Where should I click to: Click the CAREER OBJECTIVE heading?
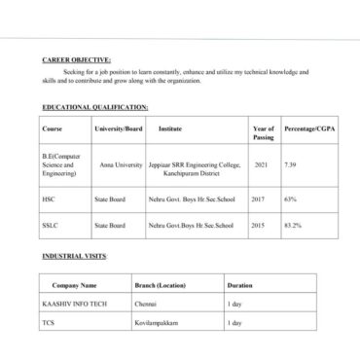click(x=77, y=59)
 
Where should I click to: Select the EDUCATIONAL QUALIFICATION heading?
click(x=95, y=107)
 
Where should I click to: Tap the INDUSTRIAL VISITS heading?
click(x=75, y=256)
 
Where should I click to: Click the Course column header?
click(x=52, y=128)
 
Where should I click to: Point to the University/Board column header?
click(x=118, y=128)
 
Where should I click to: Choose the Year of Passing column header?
click(x=263, y=132)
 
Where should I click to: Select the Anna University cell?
click(x=121, y=165)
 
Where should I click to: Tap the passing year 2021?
click(x=261, y=165)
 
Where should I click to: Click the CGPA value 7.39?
click(x=290, y=165)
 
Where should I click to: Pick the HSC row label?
click(x=49, y=199)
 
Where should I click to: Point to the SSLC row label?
click(x=51, y=226)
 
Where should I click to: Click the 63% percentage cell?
click(x=290, y=199)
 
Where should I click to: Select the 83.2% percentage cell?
click(x=292, y=226)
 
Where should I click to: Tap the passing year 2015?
click(x=258, y=226)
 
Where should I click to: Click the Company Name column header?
click(x=75, y=286)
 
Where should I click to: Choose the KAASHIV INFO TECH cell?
click(x=74, y=305)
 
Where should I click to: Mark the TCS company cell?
click(x=48, y=322)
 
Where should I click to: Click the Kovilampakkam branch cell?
click(x=158, y=322)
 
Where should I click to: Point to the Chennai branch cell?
click(x=145, y=305)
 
